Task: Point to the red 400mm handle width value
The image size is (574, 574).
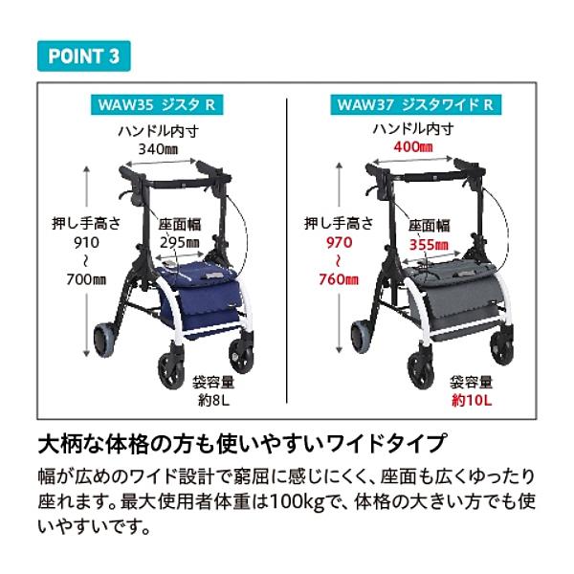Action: coord(413,147)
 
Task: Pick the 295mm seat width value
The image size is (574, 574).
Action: coord(179,244)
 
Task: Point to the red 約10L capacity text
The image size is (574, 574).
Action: coord(471,401)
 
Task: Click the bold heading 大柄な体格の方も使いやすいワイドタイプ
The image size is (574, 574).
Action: coord(240,445)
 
